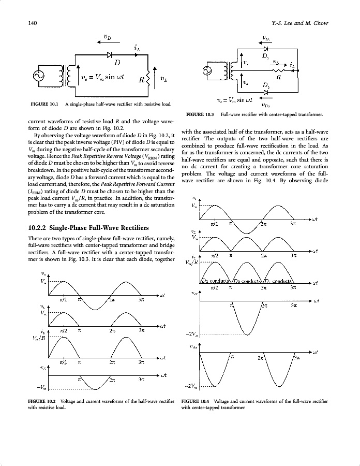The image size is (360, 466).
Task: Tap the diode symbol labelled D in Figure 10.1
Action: [x=110, y=54]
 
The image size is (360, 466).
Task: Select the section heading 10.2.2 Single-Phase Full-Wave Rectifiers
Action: [x=91, y=228]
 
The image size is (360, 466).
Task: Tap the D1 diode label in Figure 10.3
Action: [x=265, y=55]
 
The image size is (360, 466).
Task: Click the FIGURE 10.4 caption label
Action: [x=195, y=401]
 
